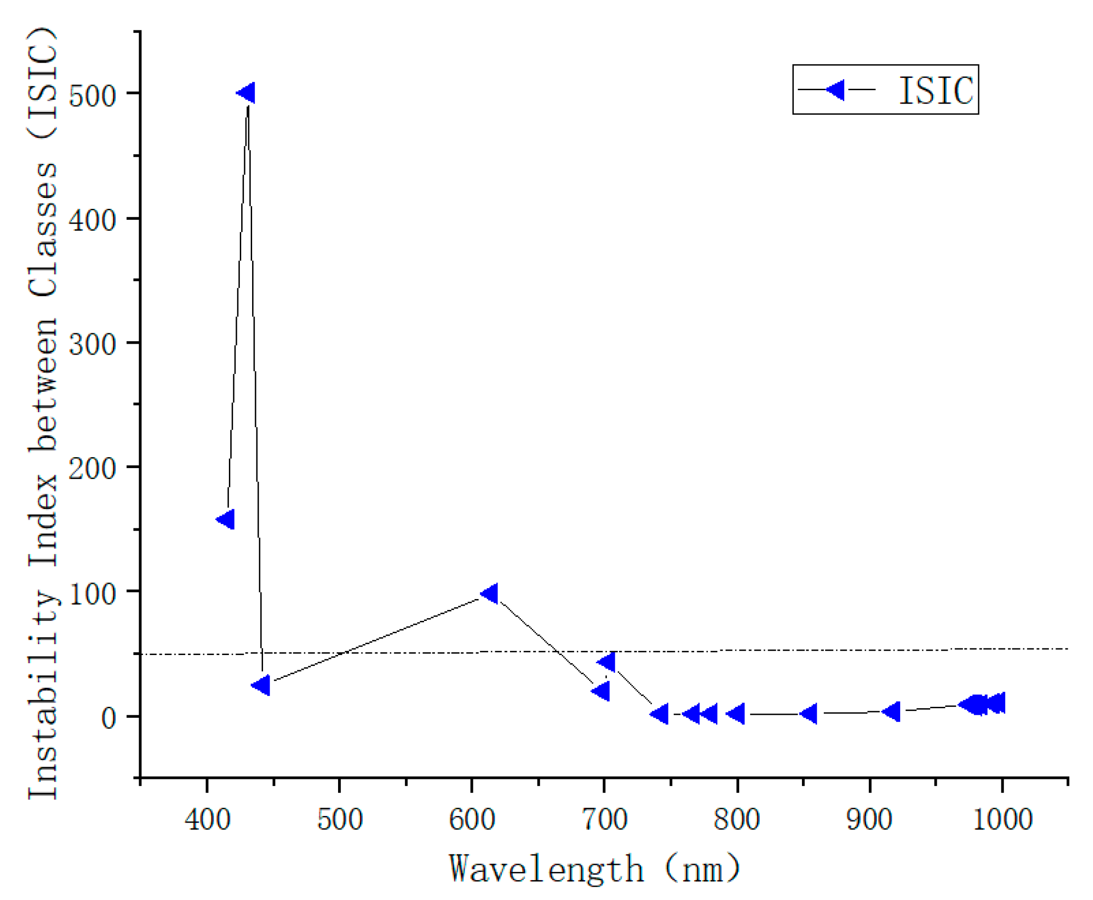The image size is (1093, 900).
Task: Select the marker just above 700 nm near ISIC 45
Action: tap(607, 662)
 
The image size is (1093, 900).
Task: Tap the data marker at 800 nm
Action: tap(737, 714)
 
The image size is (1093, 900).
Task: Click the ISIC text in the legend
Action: tap(936, 91)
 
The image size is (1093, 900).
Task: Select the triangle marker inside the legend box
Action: tap(836, 90)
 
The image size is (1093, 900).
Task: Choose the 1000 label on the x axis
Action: tap(1003, 820)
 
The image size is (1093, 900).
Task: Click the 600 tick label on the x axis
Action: tap(472, 820)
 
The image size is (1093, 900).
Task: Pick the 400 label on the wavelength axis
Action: tap(207, 820)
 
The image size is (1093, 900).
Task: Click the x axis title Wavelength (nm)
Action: tap(595, 869)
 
